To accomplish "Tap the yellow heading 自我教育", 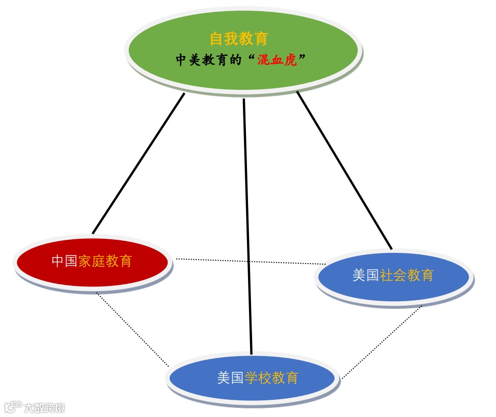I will (239, 39).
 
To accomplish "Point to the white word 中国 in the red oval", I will (65, 261).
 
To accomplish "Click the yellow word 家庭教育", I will (105, 261).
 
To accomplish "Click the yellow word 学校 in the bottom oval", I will (258, 378).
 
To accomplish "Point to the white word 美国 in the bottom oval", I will (230, 378).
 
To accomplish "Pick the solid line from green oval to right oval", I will (345, 171).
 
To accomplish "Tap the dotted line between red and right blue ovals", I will (249, 261).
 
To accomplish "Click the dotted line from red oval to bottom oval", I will (132, 329).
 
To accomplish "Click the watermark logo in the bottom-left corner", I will (13, 407).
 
